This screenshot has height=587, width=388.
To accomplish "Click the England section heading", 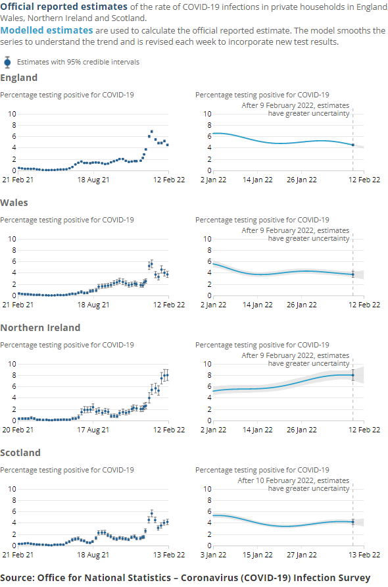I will point(18,78).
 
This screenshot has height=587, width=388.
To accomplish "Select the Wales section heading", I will point(14,203).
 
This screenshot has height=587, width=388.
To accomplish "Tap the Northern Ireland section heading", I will point(40,328).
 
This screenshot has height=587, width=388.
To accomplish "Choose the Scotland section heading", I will point(20,453).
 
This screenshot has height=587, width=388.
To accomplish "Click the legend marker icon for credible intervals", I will point(7,62).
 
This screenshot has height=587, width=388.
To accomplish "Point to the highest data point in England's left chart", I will point(152,132).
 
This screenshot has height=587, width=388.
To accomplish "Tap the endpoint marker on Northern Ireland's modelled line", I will point(353,375).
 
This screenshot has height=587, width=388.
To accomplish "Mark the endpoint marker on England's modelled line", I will point(353,145).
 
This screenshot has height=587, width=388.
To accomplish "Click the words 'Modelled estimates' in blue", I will point(47,30).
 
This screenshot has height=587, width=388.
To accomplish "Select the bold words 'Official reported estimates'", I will point(63,7).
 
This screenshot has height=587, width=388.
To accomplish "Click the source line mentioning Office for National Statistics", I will point(185,578).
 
